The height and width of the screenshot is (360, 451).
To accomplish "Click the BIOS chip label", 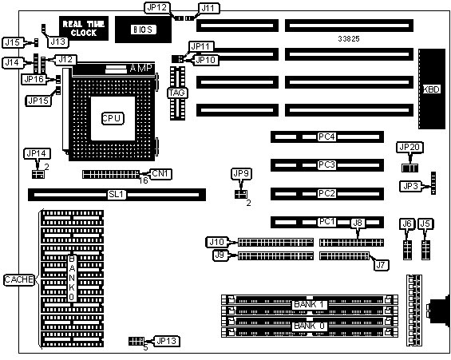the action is (143, 30).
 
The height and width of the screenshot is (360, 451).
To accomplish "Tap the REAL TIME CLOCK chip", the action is (84, 28).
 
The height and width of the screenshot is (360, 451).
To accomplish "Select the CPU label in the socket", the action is (113, 118).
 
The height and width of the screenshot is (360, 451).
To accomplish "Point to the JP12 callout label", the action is (157, 8).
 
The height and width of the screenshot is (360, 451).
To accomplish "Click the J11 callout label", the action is (208, 8).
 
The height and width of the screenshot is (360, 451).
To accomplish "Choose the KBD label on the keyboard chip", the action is (431, 89).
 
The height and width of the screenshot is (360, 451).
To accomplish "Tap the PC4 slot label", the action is (326, 136).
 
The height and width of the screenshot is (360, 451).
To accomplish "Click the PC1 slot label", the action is (326, 222).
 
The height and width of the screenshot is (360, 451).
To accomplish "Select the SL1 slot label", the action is (117, 195).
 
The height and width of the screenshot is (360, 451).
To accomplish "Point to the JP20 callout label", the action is (409, 148).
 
